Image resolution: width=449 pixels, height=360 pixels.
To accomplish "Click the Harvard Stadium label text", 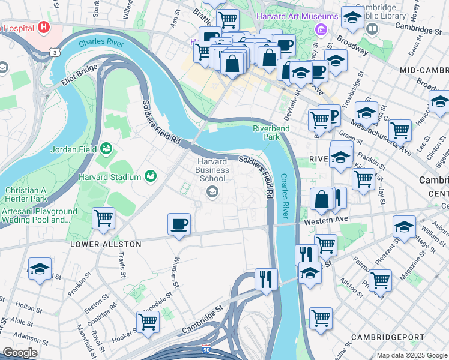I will (110, 177).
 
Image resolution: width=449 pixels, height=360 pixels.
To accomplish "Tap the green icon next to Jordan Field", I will (106, 148).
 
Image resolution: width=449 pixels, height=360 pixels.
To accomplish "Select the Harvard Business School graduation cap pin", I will (211, 192).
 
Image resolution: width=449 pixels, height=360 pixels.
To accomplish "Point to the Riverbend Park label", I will (271, 133).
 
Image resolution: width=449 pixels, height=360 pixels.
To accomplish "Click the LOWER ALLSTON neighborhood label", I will (106, 244).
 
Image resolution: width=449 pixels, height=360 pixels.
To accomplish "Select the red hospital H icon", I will (43, 27).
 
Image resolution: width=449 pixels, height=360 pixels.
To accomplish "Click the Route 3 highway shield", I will (55, 53).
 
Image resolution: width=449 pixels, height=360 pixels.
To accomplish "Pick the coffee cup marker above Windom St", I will (178, 225).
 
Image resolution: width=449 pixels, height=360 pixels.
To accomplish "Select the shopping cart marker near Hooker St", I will (148, 321).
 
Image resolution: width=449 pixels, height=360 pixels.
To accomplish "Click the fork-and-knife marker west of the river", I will (265, 279).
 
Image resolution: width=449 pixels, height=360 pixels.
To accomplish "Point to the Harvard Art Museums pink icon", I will (321, 28).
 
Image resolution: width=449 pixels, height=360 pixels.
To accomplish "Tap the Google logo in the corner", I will (19, 353).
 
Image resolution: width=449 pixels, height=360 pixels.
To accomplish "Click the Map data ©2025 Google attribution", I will (411, 355).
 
